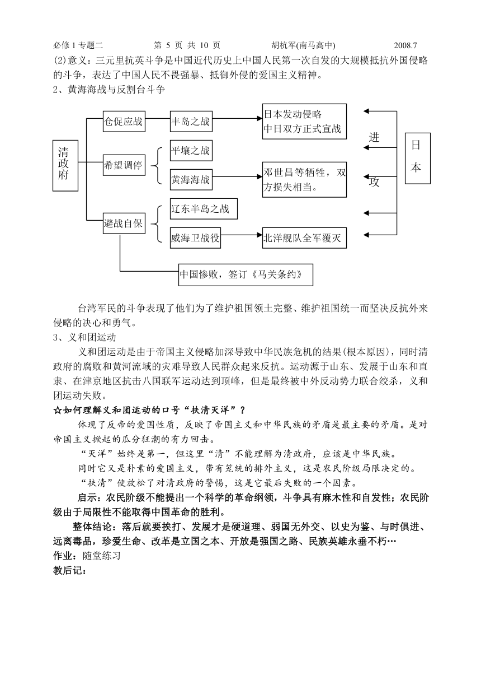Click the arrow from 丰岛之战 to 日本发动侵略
tap(237, 118)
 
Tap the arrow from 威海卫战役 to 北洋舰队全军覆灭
tap(242, 235)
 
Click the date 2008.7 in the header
tap(405, 45)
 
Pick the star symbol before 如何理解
tap(58, 411)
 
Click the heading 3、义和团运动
tap(84, 338)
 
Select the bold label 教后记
tap(70, 571)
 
